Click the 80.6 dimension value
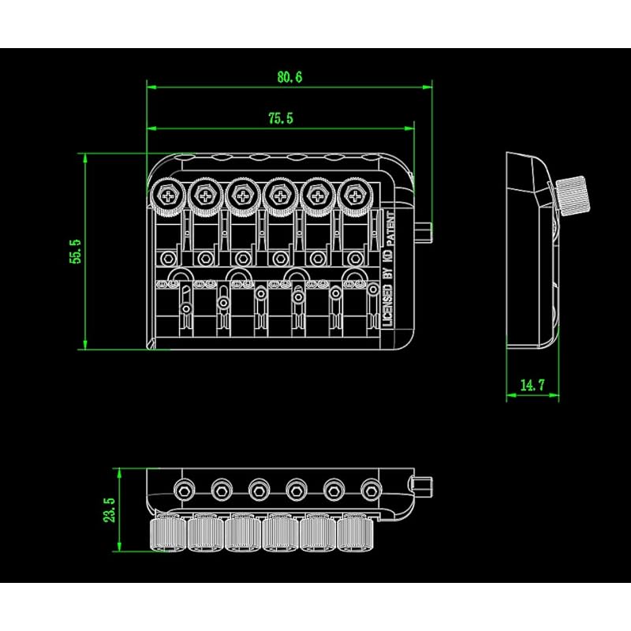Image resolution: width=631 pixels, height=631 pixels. tap(289, 77)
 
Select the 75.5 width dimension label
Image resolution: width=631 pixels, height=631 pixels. tap(281, 118)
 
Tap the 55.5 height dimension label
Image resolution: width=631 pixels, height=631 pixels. tap(75, 252)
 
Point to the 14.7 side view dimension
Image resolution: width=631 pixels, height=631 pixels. tap(532, 385)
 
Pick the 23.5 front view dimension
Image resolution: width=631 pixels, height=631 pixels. tap(110, 510)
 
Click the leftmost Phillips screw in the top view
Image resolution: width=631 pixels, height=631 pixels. tap(167, 196)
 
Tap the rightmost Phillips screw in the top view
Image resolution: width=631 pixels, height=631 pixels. tap(355, 196)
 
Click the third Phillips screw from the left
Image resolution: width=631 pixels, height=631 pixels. tap(243, 196)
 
